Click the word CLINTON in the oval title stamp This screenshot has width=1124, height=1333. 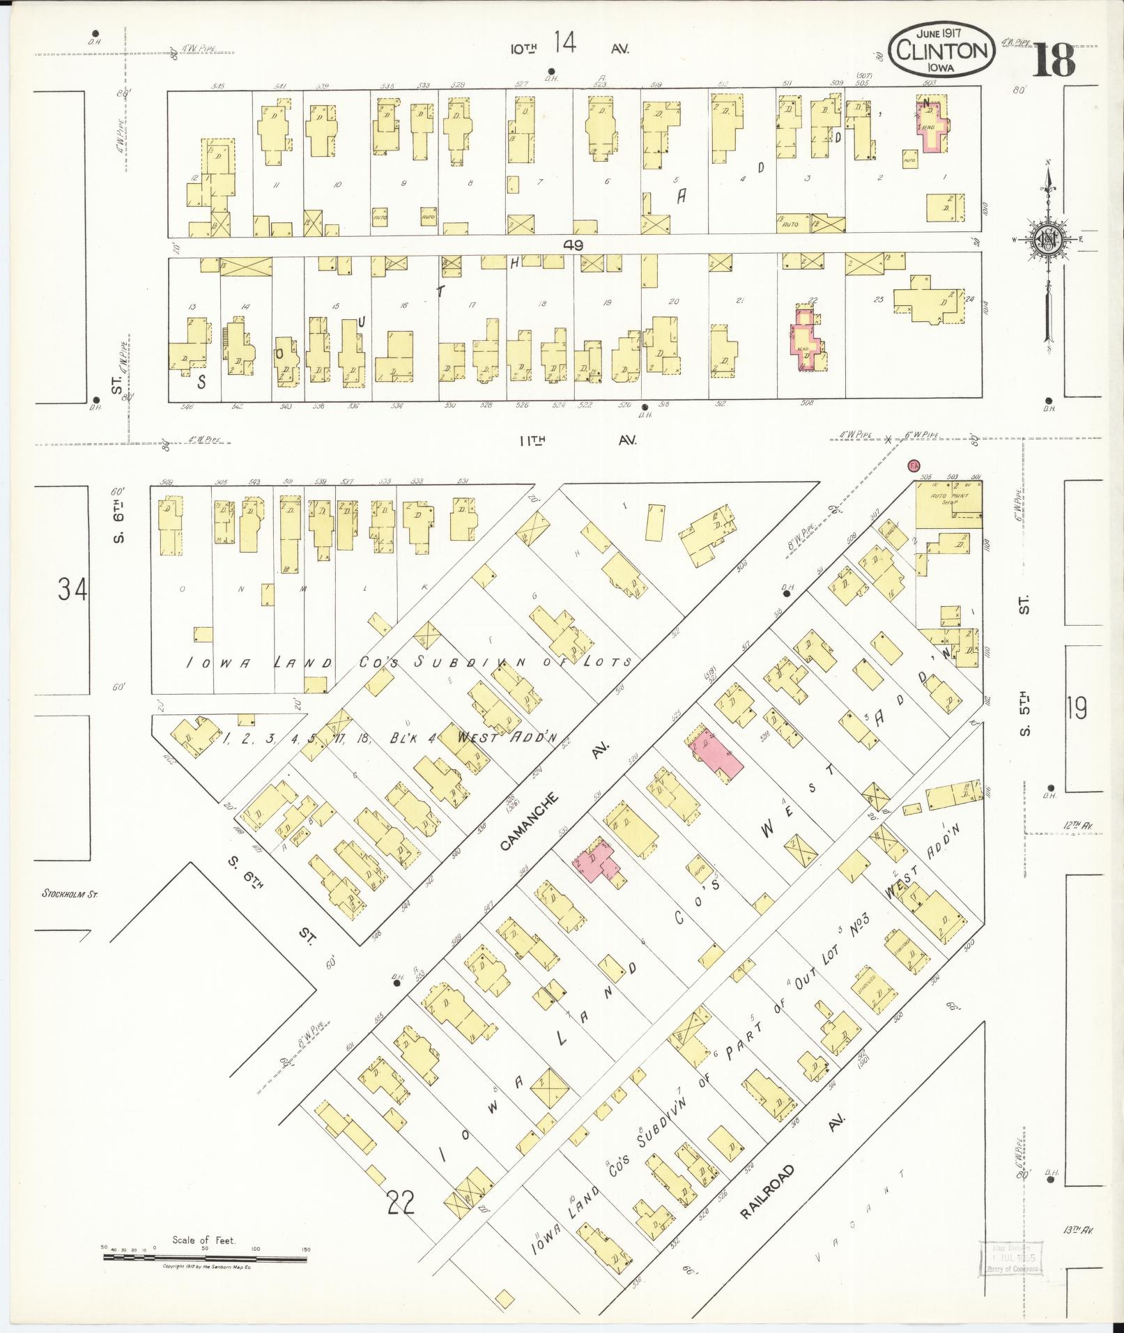click(941, 49)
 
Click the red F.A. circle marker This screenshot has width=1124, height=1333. click(912, 465)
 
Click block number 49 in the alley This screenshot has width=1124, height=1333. click(574, 245)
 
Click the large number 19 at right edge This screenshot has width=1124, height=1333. click(1076, 709)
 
